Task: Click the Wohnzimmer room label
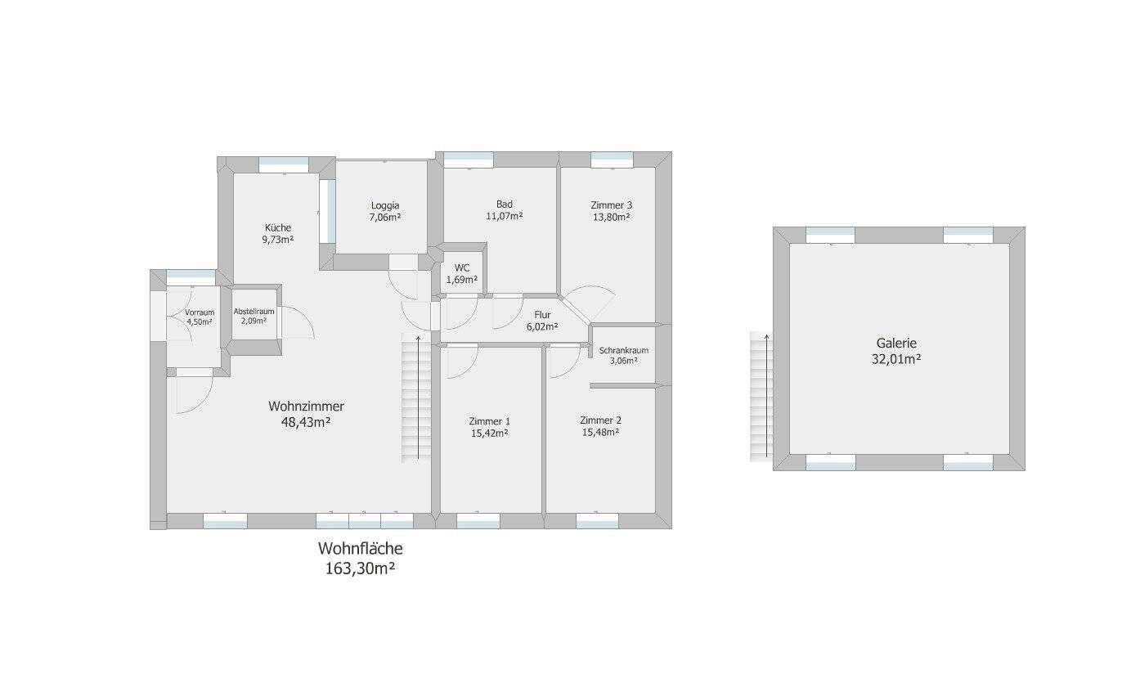pyautogui.click(x=306, y=406)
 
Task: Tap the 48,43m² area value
pyautogui.click(x=306, y=422)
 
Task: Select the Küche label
pyautogui.click(x=278, y=227)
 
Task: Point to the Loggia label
pyautogui.click(x=385, y=205)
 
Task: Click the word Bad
pyautogui.click(x=505, y=204)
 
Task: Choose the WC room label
pyautogui.click(x=462, y=268)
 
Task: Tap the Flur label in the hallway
pyautogui.click(x=542, y=315)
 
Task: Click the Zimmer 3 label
pyautogui.click(x=612, y=205)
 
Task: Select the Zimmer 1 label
pyautogui.click(x=489, y=421)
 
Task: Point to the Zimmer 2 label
pyautogui.click(x=600, y=420)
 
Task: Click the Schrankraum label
pyautogui.click(x=624, y=350)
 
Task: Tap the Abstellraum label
pyautogui.click(x=254, y=312)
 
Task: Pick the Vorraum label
pyautogui.click(x=200, y=312)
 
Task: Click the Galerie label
pyautogui.click(x=896, y=344)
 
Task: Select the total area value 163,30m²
pyautogui.click(x=360, y=568)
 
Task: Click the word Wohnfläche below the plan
pyautogui.click(x=360, y=548)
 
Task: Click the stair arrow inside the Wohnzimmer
pyautogui.click(x=418, y=397)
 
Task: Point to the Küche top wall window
pyautogui.click(x=284, y=165)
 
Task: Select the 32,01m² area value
pyautogui.click(x=896, y=359)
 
